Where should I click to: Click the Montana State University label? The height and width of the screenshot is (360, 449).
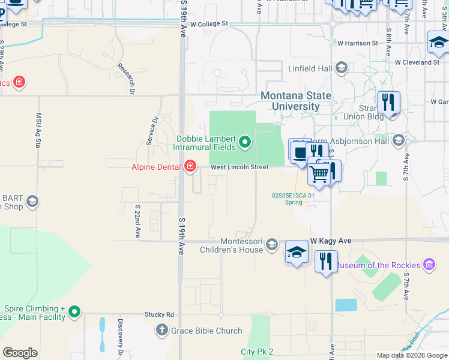(296, 101)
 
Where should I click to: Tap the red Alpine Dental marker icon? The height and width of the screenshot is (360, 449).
(190, 166)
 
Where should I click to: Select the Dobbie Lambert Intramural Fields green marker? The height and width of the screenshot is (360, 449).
(244, 142)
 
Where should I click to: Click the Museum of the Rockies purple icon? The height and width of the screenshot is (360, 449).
(429, 265)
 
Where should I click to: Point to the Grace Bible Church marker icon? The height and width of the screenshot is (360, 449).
(161, 330)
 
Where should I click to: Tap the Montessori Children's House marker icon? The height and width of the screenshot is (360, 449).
(273, 244)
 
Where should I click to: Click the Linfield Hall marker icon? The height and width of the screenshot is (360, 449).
(342, 68)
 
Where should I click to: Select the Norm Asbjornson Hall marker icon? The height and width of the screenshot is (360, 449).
(397, 141)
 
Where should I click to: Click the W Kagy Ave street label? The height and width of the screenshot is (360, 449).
(330, 241)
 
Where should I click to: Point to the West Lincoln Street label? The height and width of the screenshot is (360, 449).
(239, 167)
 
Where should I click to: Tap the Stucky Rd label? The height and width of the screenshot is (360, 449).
(159, 314)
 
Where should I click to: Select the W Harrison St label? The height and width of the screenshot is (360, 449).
(357, 43)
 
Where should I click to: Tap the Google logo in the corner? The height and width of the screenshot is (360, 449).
(20, 352)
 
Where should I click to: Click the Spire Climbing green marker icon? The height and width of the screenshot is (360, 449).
(74, 311)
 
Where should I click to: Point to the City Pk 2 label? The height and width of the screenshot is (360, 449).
(257, 352)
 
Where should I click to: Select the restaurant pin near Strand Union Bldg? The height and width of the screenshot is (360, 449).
(388, 103)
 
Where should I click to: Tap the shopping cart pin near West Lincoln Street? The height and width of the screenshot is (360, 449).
(319, 173)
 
